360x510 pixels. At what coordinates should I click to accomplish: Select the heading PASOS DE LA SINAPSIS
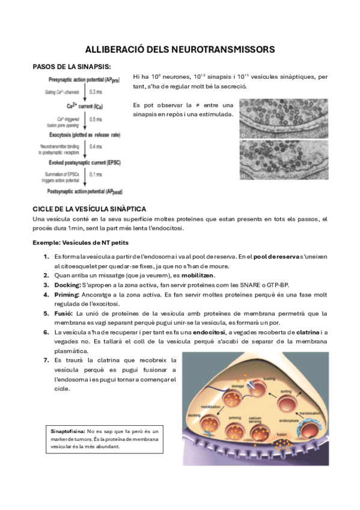click(x=72, y=67)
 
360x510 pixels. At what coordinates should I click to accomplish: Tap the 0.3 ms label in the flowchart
click(x=96, y=92)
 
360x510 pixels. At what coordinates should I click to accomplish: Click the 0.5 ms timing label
click(x=96, y=119)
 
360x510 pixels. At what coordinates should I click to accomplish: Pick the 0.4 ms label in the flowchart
click(x=96, y=146)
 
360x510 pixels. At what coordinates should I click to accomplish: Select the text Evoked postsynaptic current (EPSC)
click(x=82, y=162)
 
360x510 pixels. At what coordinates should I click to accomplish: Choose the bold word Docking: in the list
click(x=67, y=285)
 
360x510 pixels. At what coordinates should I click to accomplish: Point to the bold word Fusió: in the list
click(x=64, y=313)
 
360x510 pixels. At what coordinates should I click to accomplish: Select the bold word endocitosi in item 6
click(x=210, y=332)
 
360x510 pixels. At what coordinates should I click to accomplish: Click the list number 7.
click(x=46, y=360)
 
